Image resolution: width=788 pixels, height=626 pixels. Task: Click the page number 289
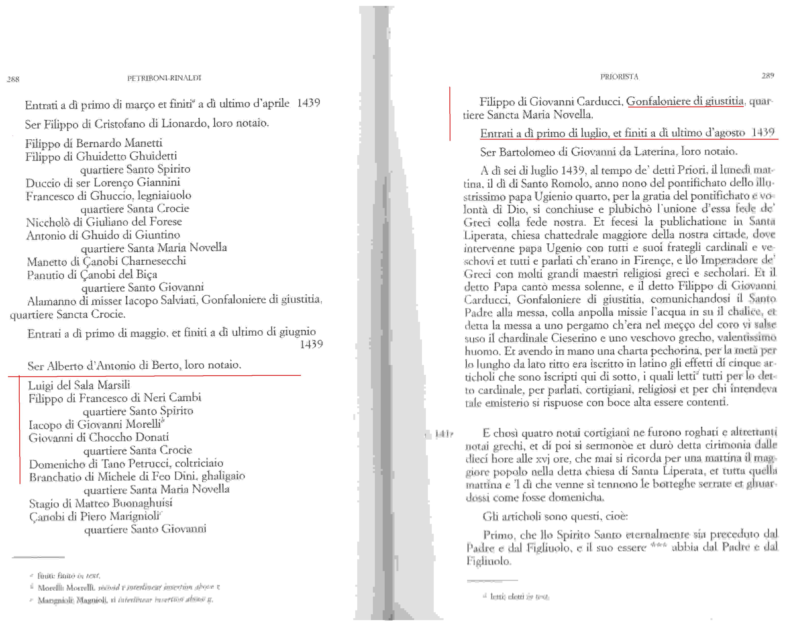(x=768, y=76)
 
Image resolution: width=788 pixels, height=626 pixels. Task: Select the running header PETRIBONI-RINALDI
(x=164, y=78)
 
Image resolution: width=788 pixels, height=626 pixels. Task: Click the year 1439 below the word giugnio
(x=311, y=344)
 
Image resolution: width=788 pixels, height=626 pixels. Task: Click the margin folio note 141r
(x=444, y=434)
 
